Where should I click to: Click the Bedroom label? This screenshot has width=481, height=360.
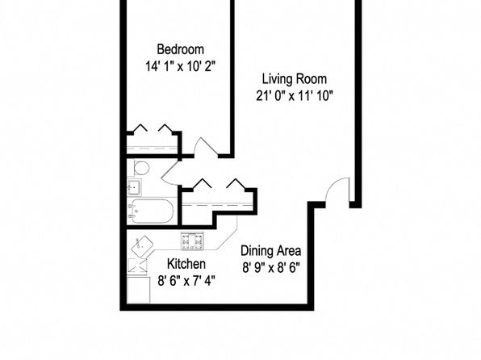tap(181, 49)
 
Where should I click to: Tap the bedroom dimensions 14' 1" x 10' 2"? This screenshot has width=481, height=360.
tap(181, 66)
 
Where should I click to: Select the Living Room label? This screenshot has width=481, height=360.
tap(295, 79)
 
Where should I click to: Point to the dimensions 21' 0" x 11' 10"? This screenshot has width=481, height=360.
tap(295, 96)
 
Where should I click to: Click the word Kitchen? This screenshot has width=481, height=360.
tap(186, 264)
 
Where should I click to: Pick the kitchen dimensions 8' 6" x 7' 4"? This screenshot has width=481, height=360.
tap(186, 281)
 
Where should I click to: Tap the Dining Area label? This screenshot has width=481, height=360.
tap(271, 251)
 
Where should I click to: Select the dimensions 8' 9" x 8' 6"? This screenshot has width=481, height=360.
tap(271, 268)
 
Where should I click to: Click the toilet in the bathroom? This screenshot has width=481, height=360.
tap(141, 168)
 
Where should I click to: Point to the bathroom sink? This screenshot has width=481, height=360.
tap(134, 187)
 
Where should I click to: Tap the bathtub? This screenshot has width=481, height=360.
tap(150, 211)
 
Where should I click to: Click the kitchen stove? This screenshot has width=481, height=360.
tap(192, 241)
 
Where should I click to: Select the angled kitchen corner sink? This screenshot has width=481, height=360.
tap(142, 246)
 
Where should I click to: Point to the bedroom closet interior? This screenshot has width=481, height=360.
tap(153, 144)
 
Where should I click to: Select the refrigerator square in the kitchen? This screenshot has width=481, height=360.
tap(138, 290)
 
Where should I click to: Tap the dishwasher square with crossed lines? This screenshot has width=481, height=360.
tap(137, 266)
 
